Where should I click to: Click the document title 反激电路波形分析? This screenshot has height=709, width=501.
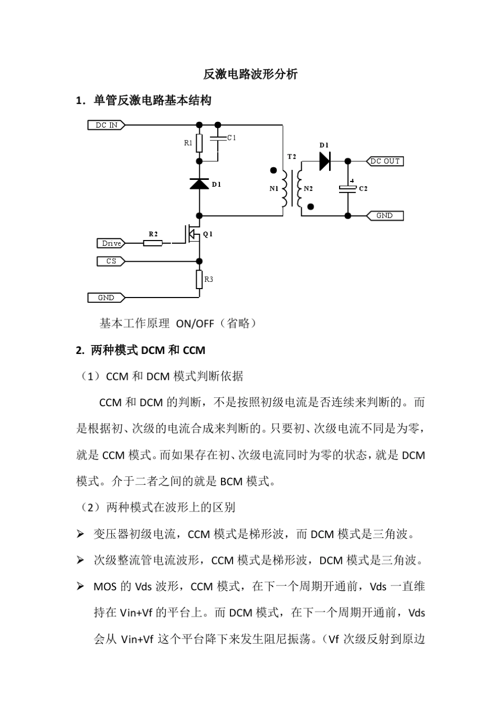250,74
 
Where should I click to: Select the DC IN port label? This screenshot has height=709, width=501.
106,125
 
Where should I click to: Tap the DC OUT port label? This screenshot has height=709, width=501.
384,161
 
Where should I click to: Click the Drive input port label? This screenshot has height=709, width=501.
111,243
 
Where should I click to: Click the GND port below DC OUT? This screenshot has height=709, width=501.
384,216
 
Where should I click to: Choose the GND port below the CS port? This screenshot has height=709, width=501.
106,298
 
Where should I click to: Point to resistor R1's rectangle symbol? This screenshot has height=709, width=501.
199,143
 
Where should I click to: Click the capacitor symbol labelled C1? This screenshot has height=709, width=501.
218,138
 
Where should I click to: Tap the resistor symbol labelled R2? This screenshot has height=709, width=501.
153,243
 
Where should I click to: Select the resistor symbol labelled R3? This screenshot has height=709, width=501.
199,279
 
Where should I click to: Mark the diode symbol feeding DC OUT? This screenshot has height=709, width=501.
325,161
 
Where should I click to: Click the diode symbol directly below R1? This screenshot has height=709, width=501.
199,184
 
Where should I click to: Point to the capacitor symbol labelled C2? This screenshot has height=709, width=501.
348,188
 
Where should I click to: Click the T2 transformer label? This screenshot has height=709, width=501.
292,157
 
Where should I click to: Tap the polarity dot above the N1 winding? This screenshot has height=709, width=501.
273,170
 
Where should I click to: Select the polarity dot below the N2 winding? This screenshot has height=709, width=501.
311,207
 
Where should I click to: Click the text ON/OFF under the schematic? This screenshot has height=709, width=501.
195,324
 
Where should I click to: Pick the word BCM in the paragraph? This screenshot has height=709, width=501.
232,482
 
